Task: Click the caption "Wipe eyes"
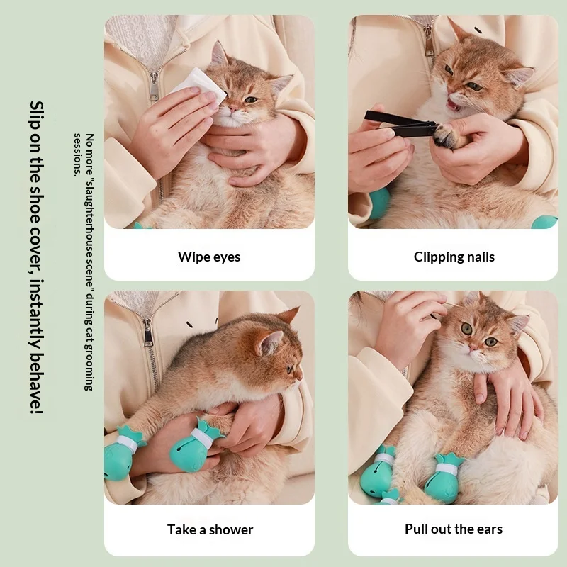point(209,257)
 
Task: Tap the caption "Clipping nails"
point(454,257)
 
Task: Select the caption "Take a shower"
point(210,529)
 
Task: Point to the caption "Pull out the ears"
point(454,529)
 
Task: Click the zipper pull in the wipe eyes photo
point(155,86)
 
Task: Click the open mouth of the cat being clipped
point(454,105)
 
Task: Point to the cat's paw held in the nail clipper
point(445,135)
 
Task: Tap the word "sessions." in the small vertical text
point(77,155)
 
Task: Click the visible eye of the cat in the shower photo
point(290,369)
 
